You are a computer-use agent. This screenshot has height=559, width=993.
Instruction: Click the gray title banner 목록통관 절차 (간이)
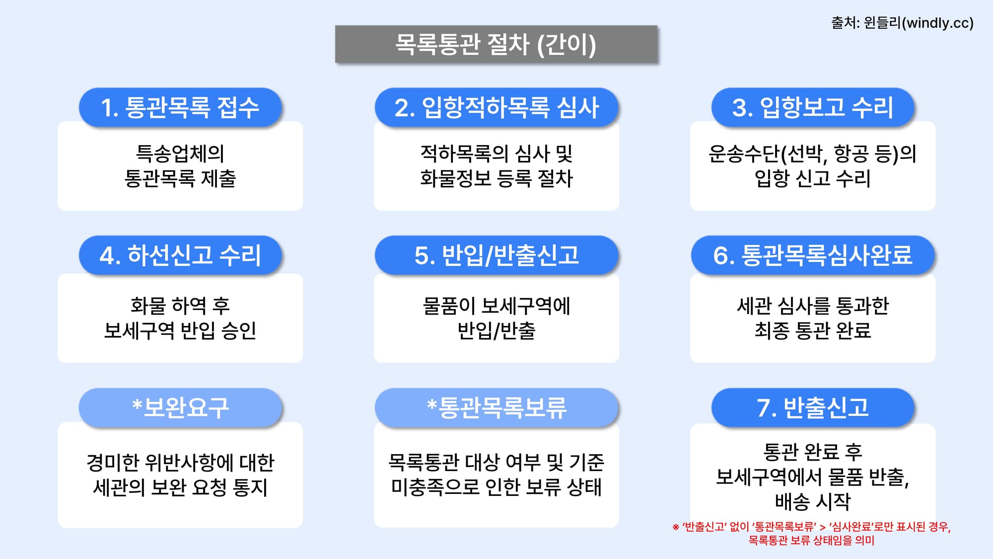(496, 44)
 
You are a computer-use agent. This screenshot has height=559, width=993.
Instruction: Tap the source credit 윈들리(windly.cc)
(902, 23)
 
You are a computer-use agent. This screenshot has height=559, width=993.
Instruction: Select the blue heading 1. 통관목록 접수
(180, 107)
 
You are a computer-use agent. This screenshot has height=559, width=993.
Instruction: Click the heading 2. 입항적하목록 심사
(496, 107)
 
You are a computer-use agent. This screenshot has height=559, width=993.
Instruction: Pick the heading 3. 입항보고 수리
(813, 107)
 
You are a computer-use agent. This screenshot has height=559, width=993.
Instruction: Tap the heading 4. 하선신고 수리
(180, 255)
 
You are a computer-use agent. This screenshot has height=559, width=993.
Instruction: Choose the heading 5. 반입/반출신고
(496, 255)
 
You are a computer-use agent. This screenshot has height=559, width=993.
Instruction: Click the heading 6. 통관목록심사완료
(813, 255)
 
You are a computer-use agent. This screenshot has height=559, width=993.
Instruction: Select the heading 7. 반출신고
(813, 407)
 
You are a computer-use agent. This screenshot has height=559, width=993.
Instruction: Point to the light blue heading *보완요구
(180, 407)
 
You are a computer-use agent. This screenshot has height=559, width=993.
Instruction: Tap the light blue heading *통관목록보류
(496, 407)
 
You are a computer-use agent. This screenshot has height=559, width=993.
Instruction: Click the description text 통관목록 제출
(180, 178)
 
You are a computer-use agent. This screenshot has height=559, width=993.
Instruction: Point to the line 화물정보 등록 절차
(496, 178)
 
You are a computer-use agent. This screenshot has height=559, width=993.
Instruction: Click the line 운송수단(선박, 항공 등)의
(812, 154)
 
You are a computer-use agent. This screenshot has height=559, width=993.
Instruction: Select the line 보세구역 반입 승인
(180, 330)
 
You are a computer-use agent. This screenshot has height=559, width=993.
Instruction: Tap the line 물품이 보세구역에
(496, 306)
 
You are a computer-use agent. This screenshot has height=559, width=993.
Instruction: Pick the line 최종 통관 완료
(813, 330)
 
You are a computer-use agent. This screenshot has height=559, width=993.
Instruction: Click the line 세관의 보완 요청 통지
(180, 487)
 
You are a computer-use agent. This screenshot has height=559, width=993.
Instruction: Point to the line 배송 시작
(813, 501)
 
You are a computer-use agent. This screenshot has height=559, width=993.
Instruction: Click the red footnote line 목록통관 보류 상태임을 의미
(811, 540)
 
